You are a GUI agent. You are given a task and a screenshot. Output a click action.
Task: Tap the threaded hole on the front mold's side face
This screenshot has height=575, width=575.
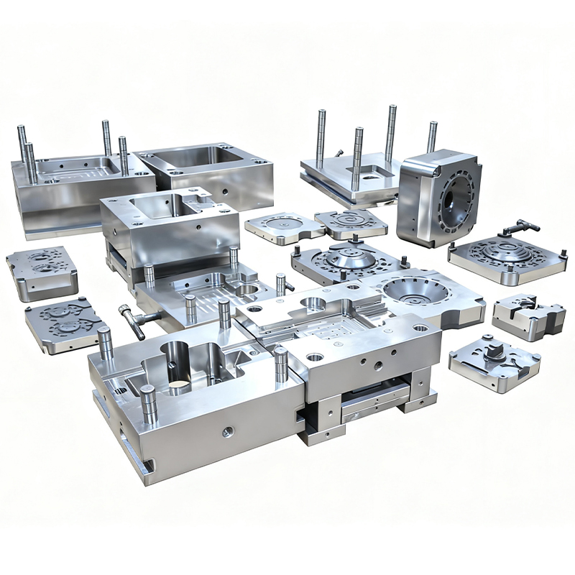[x=228, y=431]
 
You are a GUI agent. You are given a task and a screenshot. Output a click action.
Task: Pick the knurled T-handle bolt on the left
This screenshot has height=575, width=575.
[x=133, y=319]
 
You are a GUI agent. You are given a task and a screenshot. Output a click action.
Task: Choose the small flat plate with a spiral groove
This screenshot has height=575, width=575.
[x=351, y=222]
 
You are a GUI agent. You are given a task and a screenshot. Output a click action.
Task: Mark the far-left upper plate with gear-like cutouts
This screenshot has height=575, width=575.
[x=42, y=270]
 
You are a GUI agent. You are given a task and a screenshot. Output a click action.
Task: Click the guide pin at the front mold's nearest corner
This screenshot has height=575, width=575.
[x=149, y=403]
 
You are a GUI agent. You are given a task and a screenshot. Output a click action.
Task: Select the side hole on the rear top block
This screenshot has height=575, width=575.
[x=225, y=193]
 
